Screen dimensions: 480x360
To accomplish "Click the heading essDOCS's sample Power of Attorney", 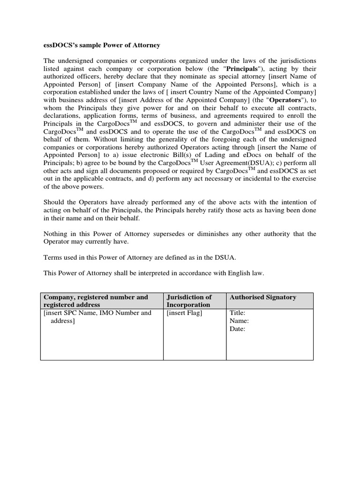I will (102, 45).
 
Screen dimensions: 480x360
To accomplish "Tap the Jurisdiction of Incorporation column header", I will (189, 300).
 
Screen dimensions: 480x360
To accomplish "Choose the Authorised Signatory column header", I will (262, 297).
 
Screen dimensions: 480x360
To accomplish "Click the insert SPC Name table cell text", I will (97, 317).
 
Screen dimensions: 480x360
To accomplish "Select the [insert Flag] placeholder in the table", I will (184, 313).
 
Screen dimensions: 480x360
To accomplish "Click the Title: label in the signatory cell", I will (237, 313).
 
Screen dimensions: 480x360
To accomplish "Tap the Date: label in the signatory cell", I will (237, 329).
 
